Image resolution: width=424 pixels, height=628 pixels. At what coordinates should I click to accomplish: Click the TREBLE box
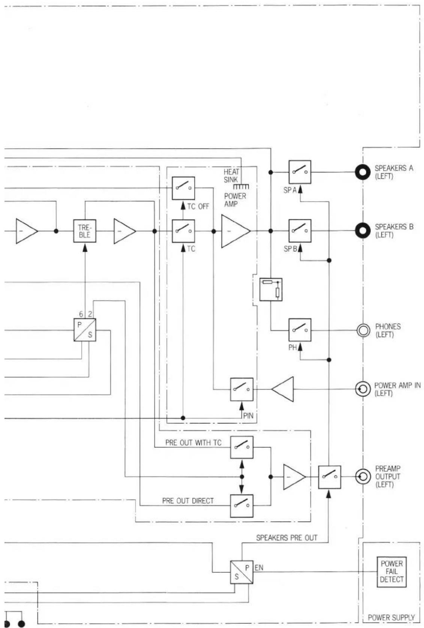coord(85,231)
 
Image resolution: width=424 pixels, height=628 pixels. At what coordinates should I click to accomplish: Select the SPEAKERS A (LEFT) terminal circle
coord(363,172)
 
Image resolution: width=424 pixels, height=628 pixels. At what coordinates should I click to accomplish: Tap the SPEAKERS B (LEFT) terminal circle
coord(363,231)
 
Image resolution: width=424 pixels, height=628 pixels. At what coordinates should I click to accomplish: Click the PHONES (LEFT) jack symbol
coord(363,330)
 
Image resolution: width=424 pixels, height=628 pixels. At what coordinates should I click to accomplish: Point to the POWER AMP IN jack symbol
coord(363,389)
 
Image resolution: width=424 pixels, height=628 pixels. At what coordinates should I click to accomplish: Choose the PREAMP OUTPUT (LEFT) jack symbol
coord(363,477)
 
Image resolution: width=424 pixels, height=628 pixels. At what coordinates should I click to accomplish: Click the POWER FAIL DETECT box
coord(391,572)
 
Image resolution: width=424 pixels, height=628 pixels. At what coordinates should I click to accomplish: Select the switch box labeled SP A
coord(300,172)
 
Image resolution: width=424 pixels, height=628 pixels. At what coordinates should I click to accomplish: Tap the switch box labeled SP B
coord(300,231)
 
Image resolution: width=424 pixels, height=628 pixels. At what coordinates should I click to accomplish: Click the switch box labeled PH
coord(300,330)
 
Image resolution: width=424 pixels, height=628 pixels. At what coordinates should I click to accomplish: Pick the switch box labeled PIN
coord(242,389)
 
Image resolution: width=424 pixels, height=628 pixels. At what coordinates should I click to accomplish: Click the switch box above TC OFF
coord(183,188)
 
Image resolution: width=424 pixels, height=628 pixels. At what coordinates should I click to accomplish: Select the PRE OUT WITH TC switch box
coord(242,447)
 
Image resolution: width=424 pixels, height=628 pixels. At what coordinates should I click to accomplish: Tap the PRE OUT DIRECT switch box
coord(242,505)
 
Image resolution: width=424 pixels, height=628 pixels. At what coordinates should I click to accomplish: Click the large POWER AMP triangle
coord(234,231)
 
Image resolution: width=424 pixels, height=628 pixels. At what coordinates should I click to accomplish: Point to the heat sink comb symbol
coord(241,186)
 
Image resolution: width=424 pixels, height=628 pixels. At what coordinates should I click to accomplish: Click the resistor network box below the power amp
coord(271,289)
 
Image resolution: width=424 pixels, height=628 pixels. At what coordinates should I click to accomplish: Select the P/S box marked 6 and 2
coord(85,330)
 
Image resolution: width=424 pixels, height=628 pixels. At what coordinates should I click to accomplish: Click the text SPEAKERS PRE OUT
coord(287,538)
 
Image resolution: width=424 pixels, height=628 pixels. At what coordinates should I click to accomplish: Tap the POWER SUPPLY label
coord(391,617)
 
